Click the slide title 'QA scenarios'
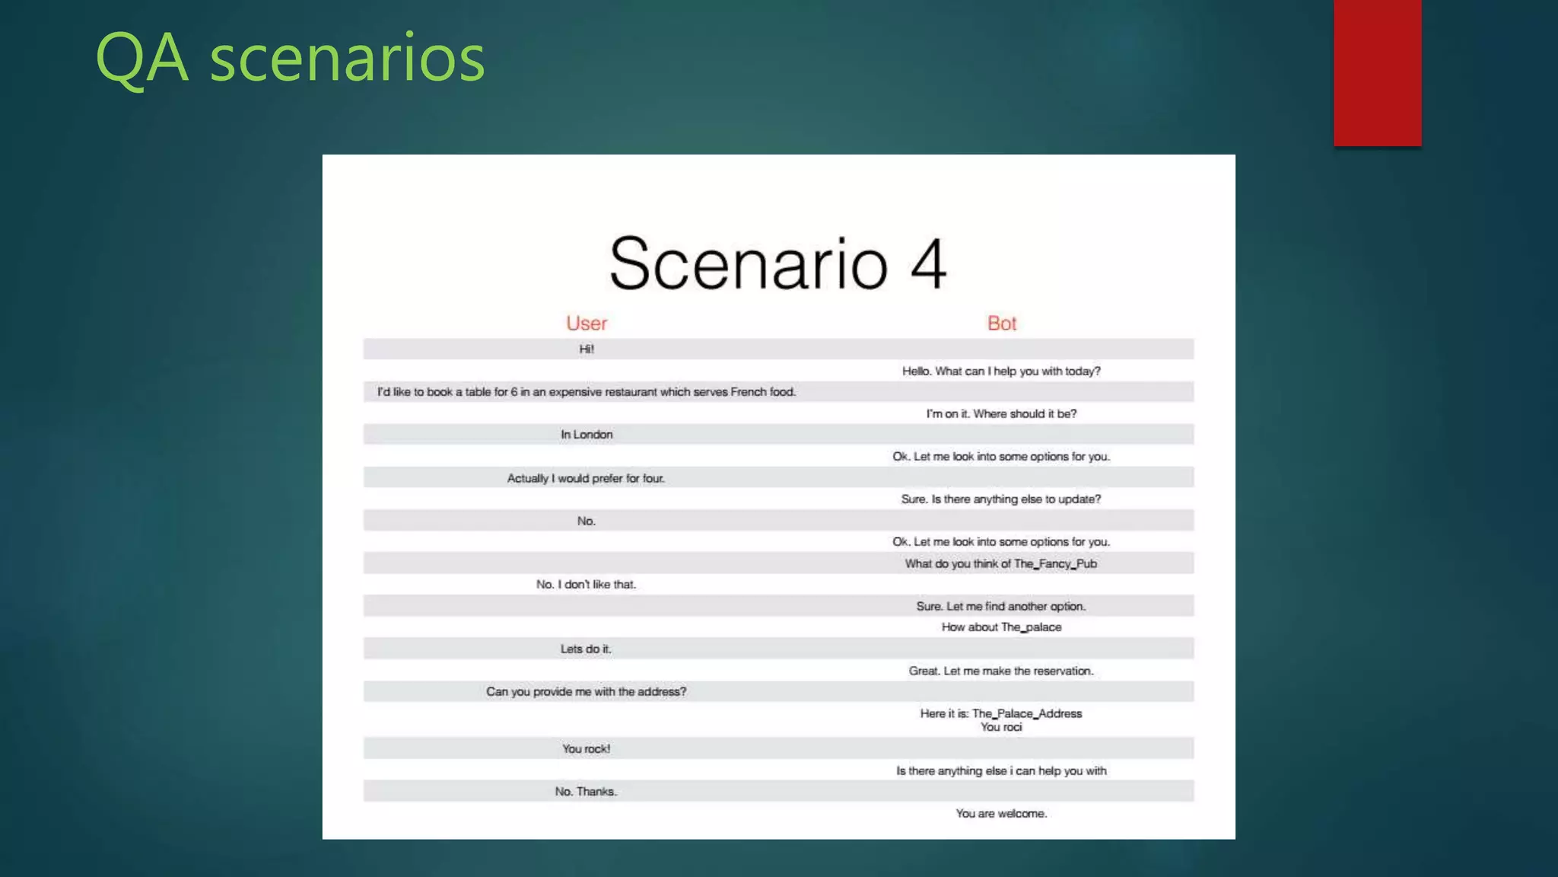pyautogui.click(x=290, y=58)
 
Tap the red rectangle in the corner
pyautogui.click(x=1377, y=72)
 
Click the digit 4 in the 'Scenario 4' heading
pyautogui.click(x=928, y=264)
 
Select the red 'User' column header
pyautogui.click(x=587, y=324)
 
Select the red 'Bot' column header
pyautogui.click(x=1002, y=324)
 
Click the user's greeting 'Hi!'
pyautogui.click(x=587, y=349)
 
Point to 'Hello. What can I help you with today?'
pyautogui.click(x=1001, y=372)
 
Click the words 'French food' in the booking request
pyautogui.click(x=763, y=392)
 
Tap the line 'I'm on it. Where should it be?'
pyautogui.click(x=1001, y=414)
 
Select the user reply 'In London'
pyautogui.click(x=587, y=435)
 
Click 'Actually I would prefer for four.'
pyautogui.click(x=586, y=478)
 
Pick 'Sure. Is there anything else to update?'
pyautogui.click(x=1001, y=499)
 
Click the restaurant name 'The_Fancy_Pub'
pyautogui.click(x=1055, y=564)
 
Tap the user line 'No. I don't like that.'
pyautogui.click(x=586, y=585)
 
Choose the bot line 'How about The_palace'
pyautogui.click(x=1001, y=627)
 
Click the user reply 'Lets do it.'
pyautogui.click(x=586, y=649)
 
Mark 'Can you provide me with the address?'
pyautogui.click(x=586, y=692)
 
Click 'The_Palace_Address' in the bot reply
pyautogui.click(x=1027, y=714)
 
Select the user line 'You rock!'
pyautogui.click(x=586, y=749)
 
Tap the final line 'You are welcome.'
pyautogui.click(x=1001, y=814)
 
